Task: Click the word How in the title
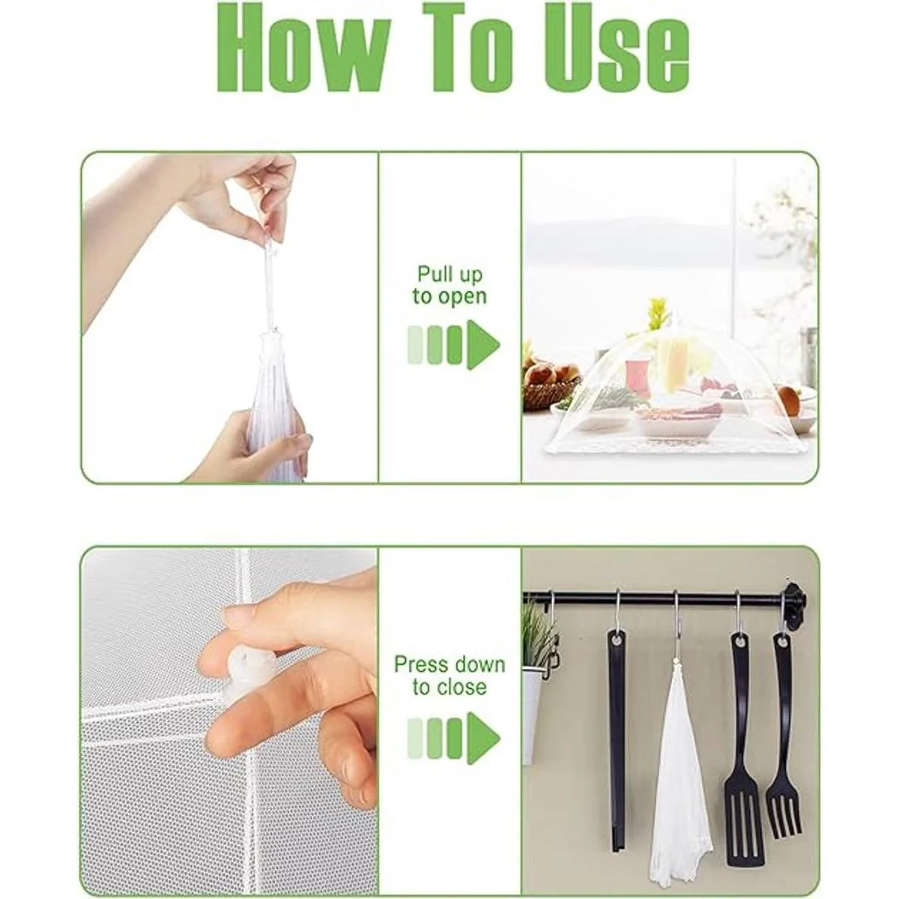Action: (303, 48)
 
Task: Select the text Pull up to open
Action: (449, 285)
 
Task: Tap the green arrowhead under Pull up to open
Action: (484, 345)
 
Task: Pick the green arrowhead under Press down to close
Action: (484, 738)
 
